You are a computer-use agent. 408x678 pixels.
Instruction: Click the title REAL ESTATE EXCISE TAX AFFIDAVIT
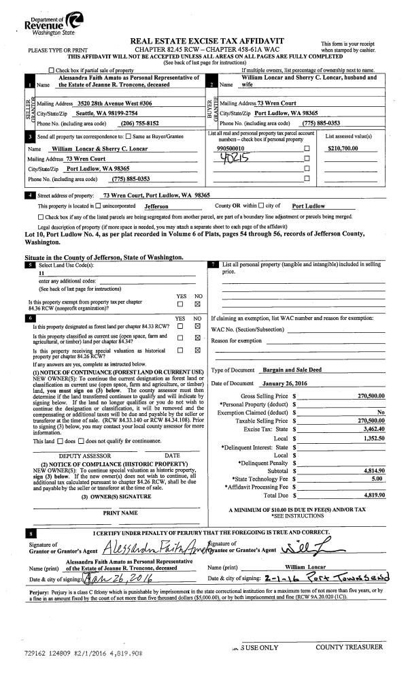211,42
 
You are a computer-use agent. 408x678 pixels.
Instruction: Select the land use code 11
41,272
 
